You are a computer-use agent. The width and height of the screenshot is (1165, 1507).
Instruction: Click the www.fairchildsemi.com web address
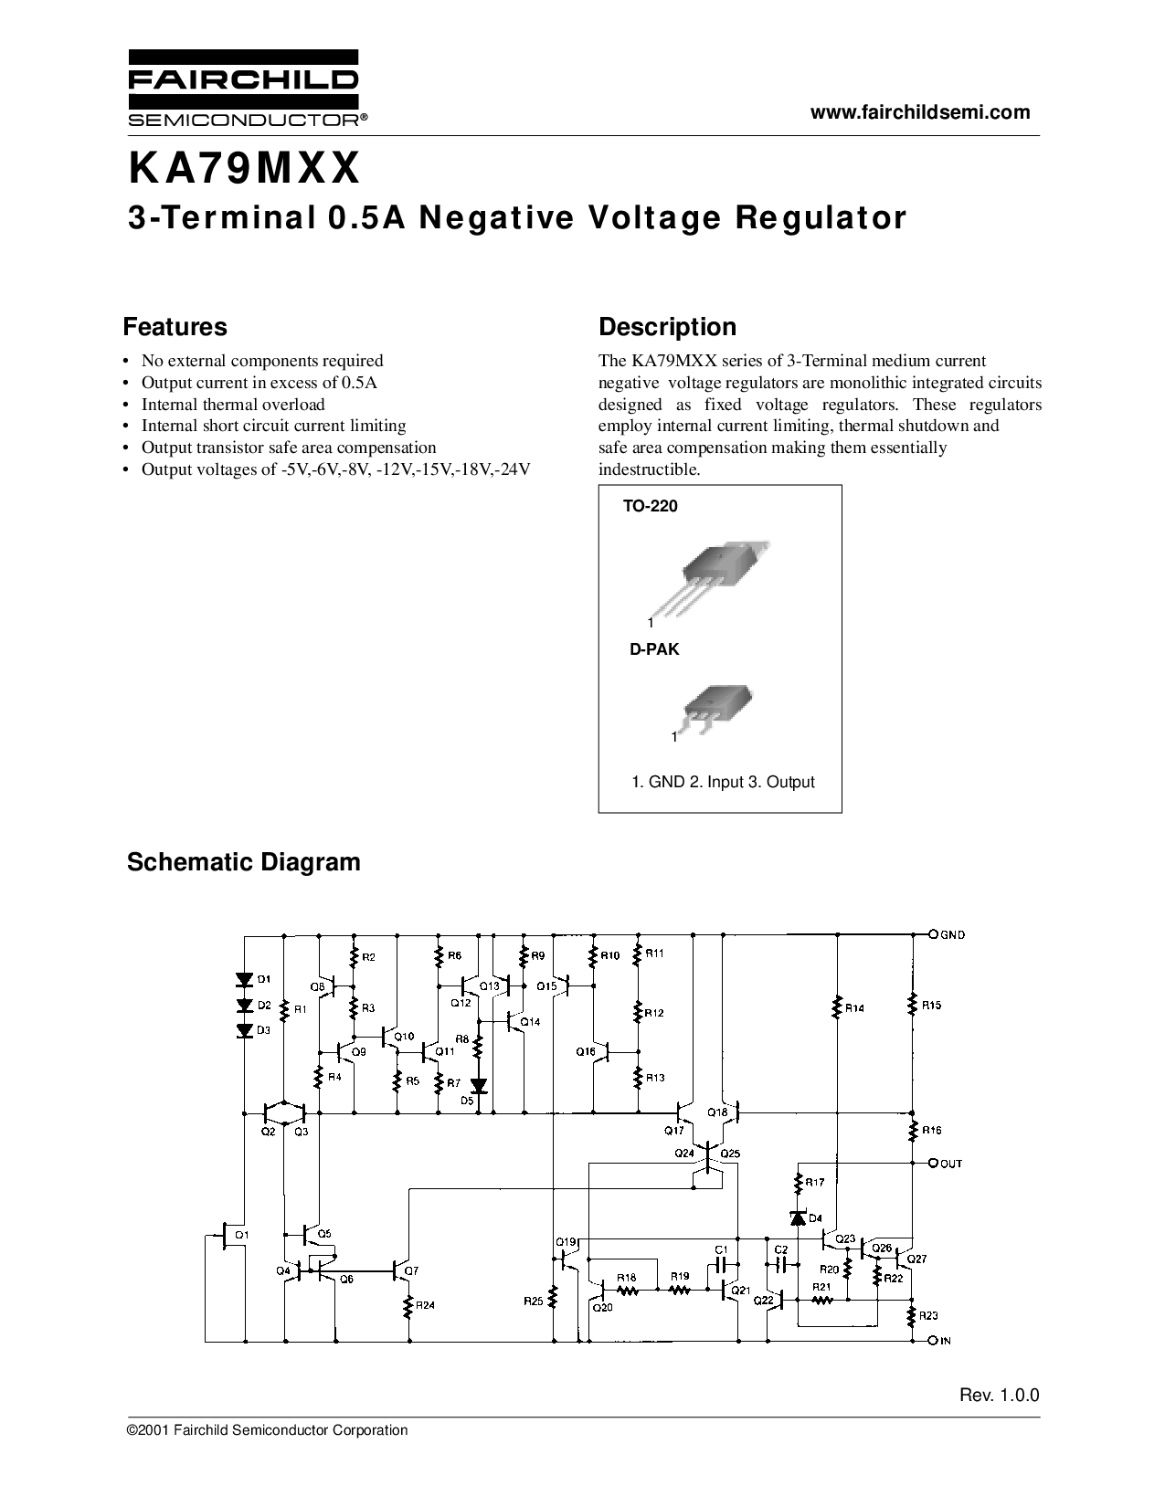[x=920, y=112]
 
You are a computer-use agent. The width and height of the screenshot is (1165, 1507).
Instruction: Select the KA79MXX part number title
[x=244, y=169]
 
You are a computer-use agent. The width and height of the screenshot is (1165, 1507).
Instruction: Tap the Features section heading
[x=175, y=327]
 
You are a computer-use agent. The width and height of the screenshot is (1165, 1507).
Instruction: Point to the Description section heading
[x=667, y=327]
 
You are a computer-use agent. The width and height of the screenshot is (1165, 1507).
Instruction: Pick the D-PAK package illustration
[x=715, y=709]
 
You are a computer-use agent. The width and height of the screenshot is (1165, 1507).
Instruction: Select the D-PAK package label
[x=654, y=649]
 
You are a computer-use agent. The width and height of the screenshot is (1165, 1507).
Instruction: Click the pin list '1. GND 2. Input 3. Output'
[x=723, y=783]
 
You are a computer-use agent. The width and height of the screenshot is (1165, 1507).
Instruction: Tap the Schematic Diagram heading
[x=244, y=862]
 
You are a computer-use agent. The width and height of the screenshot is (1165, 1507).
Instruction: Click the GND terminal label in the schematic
[x=952, y=935]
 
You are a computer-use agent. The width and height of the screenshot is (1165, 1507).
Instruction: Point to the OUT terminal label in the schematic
[x=951, y=1164]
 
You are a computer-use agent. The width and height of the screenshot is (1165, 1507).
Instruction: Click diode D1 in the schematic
[x=244, y=979]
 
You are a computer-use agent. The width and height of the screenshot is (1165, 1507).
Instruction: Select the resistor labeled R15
[x=913, y=1004]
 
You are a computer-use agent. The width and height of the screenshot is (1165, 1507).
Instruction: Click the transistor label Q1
[x=241, y=1235]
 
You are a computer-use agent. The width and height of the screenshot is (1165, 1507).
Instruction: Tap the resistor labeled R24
[x=408, y=1306]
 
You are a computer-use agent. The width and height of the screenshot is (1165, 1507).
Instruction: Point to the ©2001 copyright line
[x=267, y=1430]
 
